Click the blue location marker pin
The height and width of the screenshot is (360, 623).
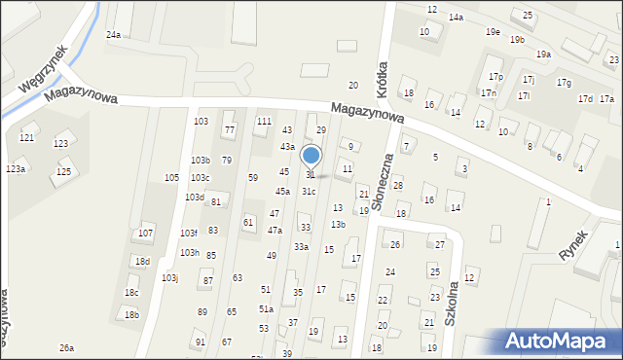tap(311, 156)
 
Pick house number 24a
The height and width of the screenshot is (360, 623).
tap(113, 34)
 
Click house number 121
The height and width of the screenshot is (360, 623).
tap(27, 138)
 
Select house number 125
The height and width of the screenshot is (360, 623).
tap(63, 172)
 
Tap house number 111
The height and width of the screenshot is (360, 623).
tap(263, 121)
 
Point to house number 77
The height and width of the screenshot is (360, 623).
tap(230, 129)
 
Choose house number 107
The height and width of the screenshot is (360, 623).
tap(145, 234)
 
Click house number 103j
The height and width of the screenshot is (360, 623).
tap(169, 278)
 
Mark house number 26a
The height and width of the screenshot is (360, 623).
tap(66, 347)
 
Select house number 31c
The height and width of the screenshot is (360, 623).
tap(308, 192)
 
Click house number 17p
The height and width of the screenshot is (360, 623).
tap(495, 76)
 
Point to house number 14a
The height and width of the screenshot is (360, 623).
tap(456, 18)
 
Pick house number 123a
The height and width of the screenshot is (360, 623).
tap(16, 169)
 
